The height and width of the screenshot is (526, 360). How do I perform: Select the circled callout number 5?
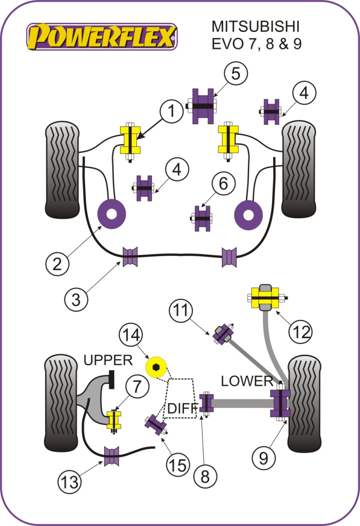[235, 73]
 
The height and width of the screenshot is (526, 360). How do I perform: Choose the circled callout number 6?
[222, 184]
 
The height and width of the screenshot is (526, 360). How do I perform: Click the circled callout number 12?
[301, 331]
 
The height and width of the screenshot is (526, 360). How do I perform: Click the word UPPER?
[107, 360]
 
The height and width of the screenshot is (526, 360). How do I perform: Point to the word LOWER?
[247, 381]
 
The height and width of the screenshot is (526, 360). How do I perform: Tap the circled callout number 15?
[178, 465]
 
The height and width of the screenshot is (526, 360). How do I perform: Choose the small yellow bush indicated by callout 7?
[114, 420]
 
